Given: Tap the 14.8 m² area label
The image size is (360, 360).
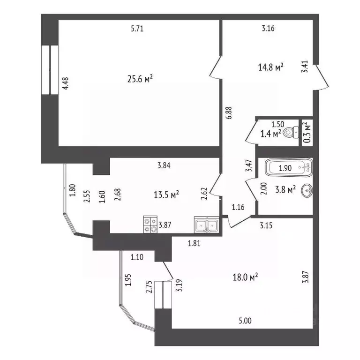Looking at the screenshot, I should (271, 67).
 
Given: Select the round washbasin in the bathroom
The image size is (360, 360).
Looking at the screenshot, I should (307, 190).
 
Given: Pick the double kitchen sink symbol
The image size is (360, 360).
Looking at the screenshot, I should (206, 225).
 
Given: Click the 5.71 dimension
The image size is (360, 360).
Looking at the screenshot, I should (137, 29).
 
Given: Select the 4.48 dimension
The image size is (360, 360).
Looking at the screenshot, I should (66, 83).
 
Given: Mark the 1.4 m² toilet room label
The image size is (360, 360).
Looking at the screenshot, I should (270, 134).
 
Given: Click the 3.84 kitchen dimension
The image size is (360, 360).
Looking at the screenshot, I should (164, 165).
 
